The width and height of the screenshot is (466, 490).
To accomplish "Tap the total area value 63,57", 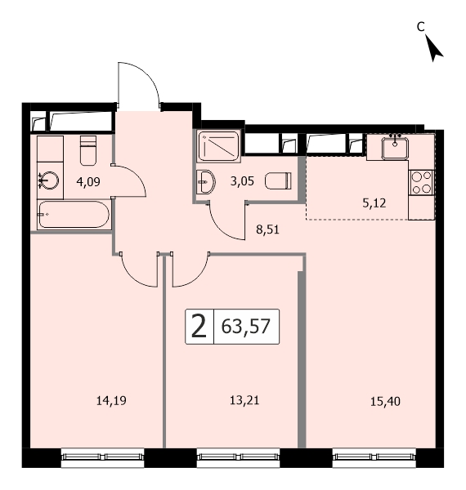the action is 245,326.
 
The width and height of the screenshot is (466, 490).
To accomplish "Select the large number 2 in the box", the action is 199,327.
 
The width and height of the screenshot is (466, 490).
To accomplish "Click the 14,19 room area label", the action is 111,400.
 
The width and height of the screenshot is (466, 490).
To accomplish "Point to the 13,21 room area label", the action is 244,400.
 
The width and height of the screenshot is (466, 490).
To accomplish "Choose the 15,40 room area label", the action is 385,401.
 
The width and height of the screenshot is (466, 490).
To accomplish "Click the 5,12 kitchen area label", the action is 374,203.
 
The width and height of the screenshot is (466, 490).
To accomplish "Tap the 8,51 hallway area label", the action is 267,229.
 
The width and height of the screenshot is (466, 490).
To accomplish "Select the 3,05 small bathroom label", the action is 242,181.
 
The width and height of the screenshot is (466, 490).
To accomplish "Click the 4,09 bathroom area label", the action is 88,181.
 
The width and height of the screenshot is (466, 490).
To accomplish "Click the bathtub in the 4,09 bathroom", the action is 74,214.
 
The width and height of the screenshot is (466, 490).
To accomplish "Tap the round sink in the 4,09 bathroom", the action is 49,180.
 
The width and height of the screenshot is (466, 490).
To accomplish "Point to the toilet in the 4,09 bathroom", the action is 88,150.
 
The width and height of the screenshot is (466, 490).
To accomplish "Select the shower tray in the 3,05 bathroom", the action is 219,146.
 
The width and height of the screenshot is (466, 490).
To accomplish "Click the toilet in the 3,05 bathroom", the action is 278,181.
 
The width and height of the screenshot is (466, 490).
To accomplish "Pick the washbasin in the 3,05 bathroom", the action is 205,182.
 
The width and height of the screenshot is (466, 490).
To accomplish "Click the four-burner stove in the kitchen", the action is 421,182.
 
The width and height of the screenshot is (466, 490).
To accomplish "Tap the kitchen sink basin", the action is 395,149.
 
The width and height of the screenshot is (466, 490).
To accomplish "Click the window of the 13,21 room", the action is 238,457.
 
